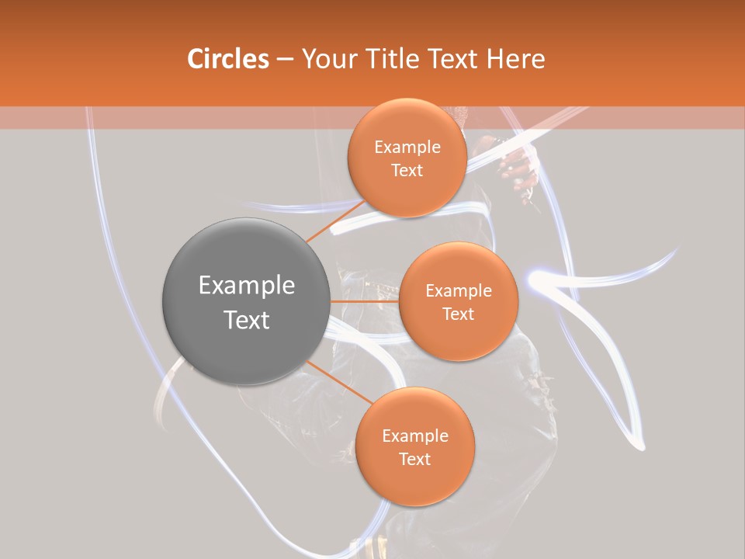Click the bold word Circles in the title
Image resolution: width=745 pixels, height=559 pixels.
[x=227, y=59]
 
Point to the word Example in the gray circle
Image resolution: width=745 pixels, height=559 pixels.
[x=247, y=286]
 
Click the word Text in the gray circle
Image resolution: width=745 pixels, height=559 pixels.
[x=247, y=320]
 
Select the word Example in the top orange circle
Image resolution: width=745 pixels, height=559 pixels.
[x=407, y=148]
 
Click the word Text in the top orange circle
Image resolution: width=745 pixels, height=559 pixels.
[x=407, y=171]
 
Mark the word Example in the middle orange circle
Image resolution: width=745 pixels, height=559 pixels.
[x=459, y=291]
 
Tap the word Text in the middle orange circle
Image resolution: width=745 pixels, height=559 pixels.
[x=459, y=314]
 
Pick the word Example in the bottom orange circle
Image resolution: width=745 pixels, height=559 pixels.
[x=415, y=436]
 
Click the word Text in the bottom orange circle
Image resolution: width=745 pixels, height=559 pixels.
[x=415, y=459]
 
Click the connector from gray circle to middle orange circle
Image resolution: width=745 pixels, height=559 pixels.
[x=363, y=301]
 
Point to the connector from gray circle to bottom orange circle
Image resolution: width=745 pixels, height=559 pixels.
[x=338, y=382]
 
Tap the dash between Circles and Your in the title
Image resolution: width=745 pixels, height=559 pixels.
[x=284, y=60]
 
